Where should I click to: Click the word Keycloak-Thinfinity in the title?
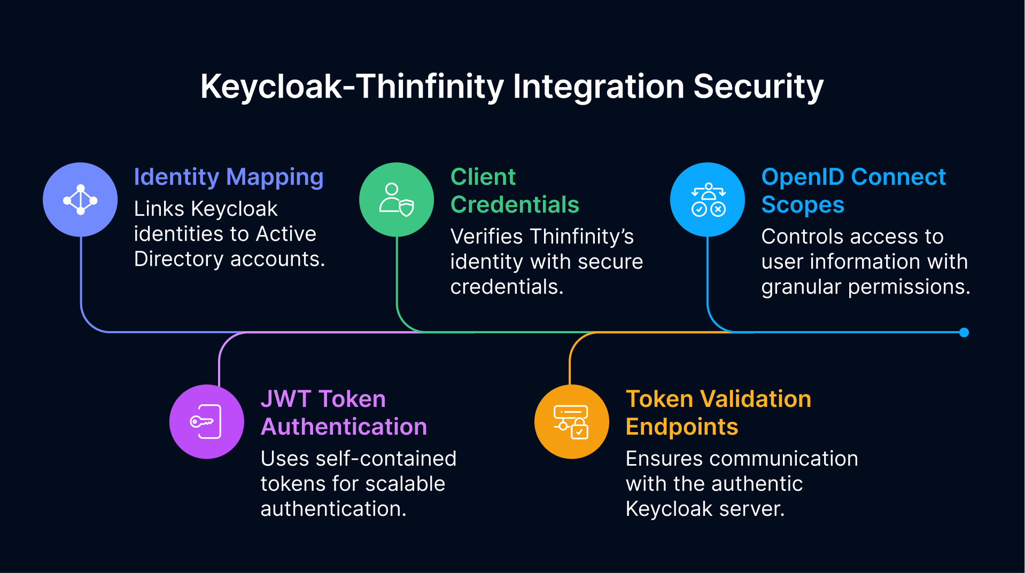[353, 87]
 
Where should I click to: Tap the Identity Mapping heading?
[228, 177]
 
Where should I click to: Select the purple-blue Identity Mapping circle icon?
[80, 200]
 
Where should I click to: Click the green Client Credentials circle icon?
[397, 200]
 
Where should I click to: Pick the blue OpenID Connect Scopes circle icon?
[708, 200]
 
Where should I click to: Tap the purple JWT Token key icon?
[206, 422]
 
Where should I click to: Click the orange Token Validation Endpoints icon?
[571, 422]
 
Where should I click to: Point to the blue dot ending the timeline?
[964, 333]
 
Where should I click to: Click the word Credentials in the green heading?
[515, 205]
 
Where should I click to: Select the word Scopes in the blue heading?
[802, 205]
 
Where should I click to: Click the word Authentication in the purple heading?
[344, 427]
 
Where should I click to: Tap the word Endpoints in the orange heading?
[681, 427]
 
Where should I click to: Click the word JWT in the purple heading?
[285, 399]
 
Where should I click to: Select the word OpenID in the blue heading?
[802, 177]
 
